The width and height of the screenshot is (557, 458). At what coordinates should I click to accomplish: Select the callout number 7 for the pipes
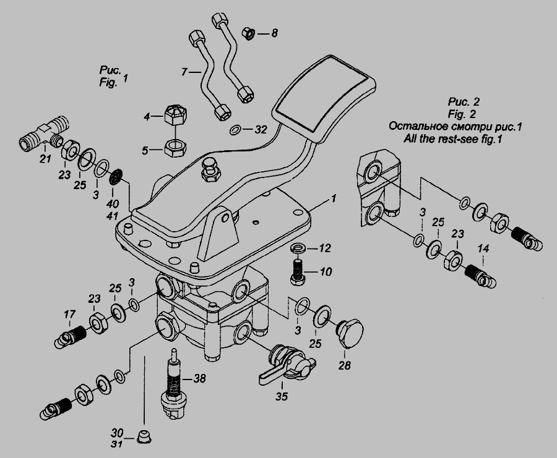coord(184,73)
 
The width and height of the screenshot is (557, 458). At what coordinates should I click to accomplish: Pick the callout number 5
coord(147,149)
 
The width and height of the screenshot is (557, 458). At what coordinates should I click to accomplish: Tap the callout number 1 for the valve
coord(332,199)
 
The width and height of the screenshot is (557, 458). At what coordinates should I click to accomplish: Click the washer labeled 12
coord(297,248)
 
